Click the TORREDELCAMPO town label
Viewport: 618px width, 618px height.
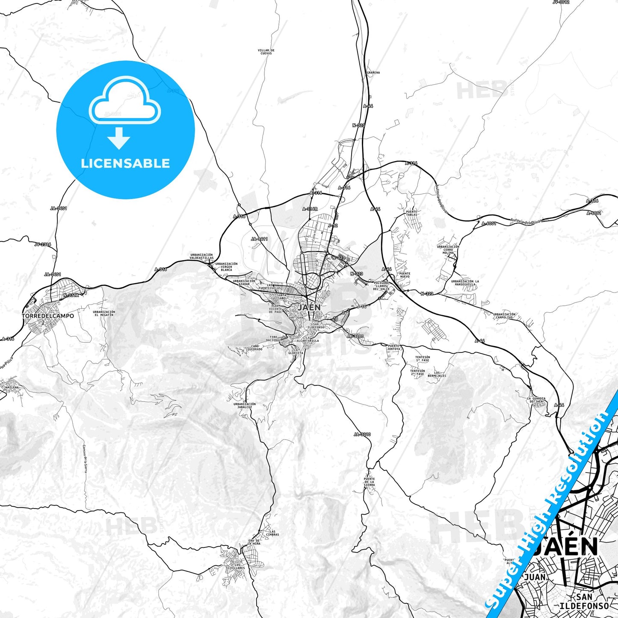coord(48,316)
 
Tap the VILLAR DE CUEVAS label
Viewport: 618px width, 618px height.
coord(266,52)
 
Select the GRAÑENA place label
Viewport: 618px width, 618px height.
coord(373,73)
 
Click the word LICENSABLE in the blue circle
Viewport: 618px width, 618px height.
coord(125,163)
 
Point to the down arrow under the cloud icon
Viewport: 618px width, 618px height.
coord(119,138)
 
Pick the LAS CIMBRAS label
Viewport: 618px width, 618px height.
coord(272,533)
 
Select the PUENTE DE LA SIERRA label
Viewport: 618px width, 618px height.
coord(369,482)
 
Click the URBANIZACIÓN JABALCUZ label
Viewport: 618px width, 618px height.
coord(245,405)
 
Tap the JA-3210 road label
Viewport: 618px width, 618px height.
coord(362,435)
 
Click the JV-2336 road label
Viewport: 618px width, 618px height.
coord(43,245)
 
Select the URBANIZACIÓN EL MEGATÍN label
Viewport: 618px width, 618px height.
coord(104,313)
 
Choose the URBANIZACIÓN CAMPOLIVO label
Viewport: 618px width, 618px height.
coord(504,316)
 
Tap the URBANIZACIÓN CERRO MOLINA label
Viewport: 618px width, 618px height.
coord(448,249)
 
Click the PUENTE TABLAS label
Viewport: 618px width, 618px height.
coord(411,213)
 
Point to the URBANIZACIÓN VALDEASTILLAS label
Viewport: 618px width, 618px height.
coord(201,256)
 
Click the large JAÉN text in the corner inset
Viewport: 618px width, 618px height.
coord(565,547)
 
